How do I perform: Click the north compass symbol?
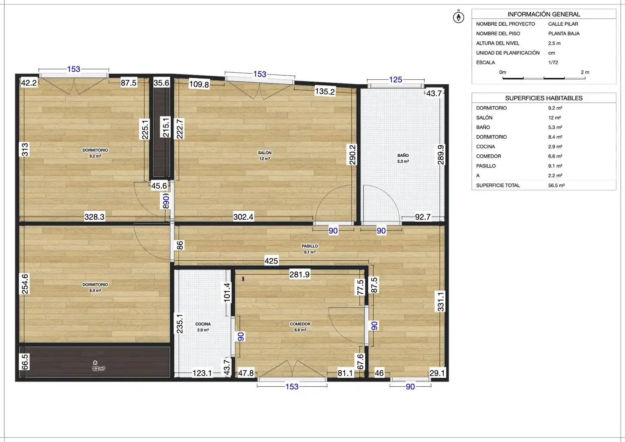point(458,17)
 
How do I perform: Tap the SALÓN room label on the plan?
point(264,153)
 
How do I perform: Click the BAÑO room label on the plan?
point(403,156)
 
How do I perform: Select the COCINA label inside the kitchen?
point(203,324)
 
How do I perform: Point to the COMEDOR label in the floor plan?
point(300,324)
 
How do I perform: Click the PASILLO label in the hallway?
point(310,246)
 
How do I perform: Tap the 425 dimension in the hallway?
point(271,261)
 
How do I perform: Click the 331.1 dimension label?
point(440,301)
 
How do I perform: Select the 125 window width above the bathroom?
point(395,80)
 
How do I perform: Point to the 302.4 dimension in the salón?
point(243,217)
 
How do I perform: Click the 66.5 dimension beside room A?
point(25,362)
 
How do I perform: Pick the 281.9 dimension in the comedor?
point(299,275)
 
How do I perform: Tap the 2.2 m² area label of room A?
point(99,369)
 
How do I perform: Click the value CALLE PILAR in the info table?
point(563,24)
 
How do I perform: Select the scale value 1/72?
point(553,63)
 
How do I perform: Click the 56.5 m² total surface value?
point(556,185)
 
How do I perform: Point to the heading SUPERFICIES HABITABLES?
point(544,98)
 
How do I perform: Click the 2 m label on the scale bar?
point(585,72)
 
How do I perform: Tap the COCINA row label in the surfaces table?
point(485,147)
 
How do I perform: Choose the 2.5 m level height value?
point(554,43)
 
